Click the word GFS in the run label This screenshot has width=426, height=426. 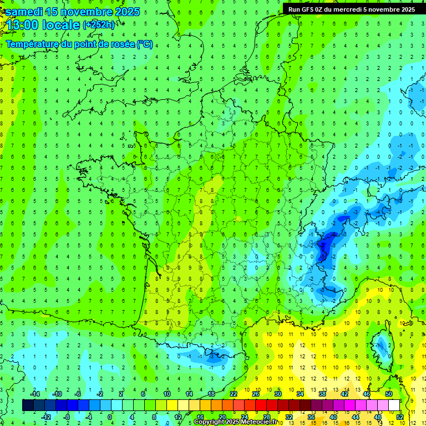pyautogui.click(x=309, y=9)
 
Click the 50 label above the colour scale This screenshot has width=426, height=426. pyautogui.click(x=388, y=394)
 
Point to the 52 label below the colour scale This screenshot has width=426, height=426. pyautogui.click(x=399, y=417)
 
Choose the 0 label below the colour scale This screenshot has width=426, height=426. pyautogui.click(x=110, y=417)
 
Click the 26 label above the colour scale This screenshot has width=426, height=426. pyautogui.click(x=256, y=394)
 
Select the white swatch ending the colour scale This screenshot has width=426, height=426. pyautogui.click(x=394, y=405)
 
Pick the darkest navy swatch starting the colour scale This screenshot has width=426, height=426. pyautogui.click(x=28, y=405)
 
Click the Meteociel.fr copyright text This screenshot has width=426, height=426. pyautogui.click(x=236, y=422)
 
